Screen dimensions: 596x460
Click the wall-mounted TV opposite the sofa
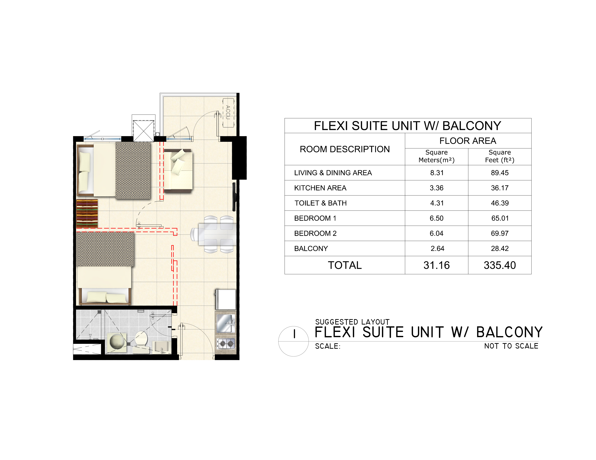pyautogui.click(x=234, y=197)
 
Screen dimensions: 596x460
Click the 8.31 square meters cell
pyautogui.click(x=437, y=173)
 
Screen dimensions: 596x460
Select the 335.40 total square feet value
pyautogui.click(x=500, y=265)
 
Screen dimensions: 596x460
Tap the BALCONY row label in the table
pyautogui.click(x=311, y=249)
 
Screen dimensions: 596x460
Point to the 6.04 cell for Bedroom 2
pyautogui.click(x=437, y=233)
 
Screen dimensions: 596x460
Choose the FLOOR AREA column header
pyautogui.click(x=468, y=141)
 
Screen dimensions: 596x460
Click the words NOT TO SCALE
pyautogui.click(x=511, y=346)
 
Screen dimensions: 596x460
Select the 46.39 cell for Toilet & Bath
pyautogui.click(x=500, y=203)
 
